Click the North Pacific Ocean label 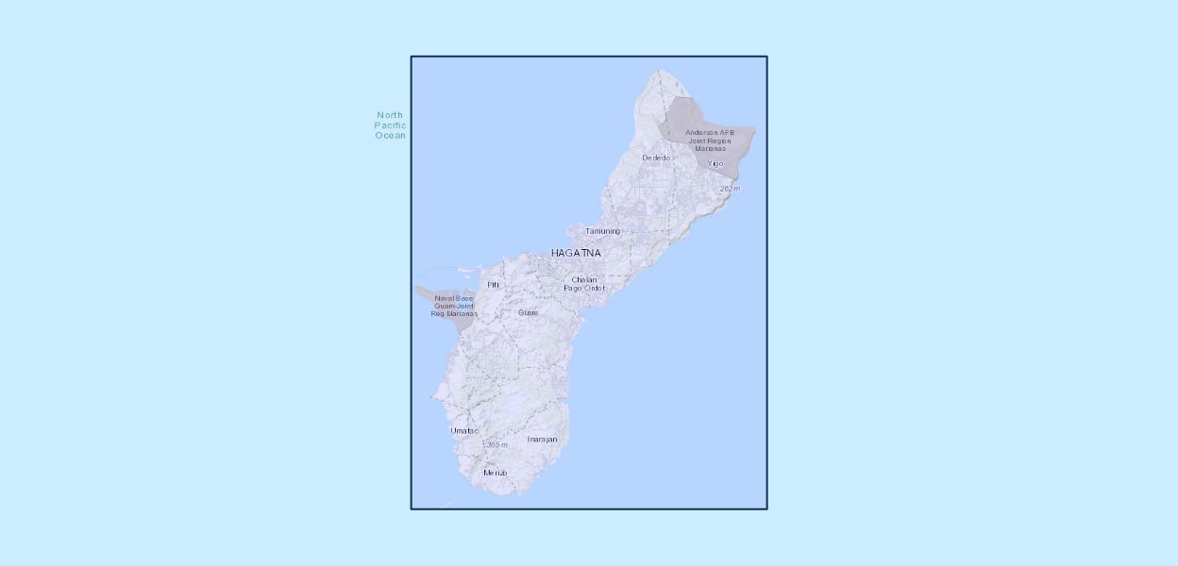(x=390, y=125)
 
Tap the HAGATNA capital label (x=576, y=253)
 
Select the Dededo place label (x=656, y=158)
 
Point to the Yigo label (x=715, y=163)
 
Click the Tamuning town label (x=602, y=231)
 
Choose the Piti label (x=493, y=284)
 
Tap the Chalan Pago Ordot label (x=584, y=283)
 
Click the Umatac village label (x=464, y=430)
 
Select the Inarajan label (x=542, y=440)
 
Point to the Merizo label (x=495, y=473)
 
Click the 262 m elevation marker (x=730, y=189)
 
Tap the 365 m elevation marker (x=496, y=444)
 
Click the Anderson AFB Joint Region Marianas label (x=710, y=141)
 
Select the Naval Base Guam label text (x=454, y=306)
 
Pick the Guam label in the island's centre (x=528, y=312)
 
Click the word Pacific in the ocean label (x=390, y=125)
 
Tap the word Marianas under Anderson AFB (x=710, y=149)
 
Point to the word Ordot (x=594, y=288)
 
